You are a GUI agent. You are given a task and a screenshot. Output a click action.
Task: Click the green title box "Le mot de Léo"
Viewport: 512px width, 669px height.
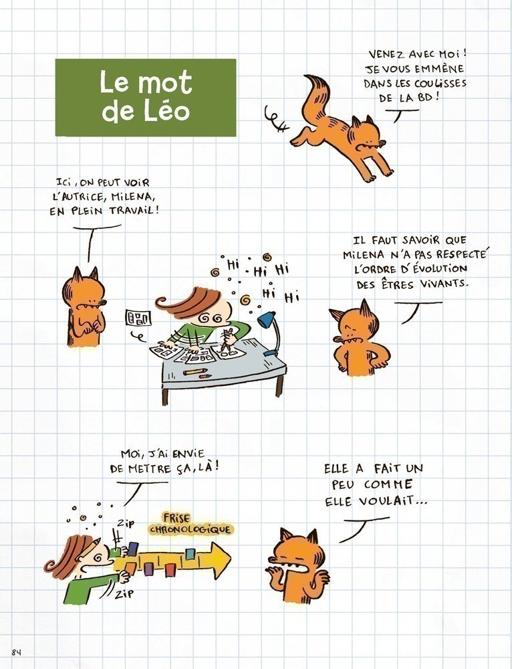[x=145, y=97]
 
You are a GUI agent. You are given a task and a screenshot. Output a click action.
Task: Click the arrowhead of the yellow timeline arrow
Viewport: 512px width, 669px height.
[x=218, y=560]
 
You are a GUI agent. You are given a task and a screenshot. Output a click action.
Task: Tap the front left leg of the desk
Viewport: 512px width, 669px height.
[x=164, y=393]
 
